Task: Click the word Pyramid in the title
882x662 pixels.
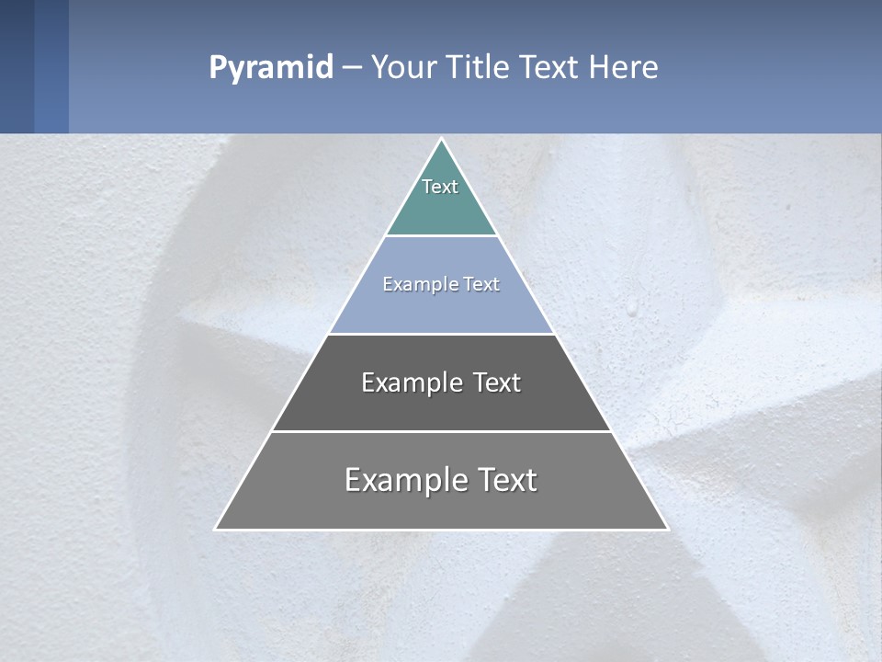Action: pyautogui.click(x=271, y=67)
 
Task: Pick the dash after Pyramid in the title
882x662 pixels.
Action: pyautogui.click(x=352, y=68)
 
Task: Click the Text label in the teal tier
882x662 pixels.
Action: pyautogui.click(x=440, y=187)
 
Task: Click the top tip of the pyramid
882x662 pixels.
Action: pyautogui.click(x=441, y=140)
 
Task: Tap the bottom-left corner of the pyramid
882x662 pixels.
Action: pyautogui.click(x=217, y=529)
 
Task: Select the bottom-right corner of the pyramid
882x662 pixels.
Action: pyautogui.click(x=666, y=529)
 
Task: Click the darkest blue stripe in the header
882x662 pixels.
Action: pyautogui.click(x=17, y=66)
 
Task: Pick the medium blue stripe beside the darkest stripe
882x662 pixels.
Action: pyautogui.click(x=51, y=66)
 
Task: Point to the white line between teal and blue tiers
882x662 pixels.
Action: pyautogui.click(x=441, y=236)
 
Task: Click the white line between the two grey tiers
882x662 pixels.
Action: pyautogui.click(x=441, y=431)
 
